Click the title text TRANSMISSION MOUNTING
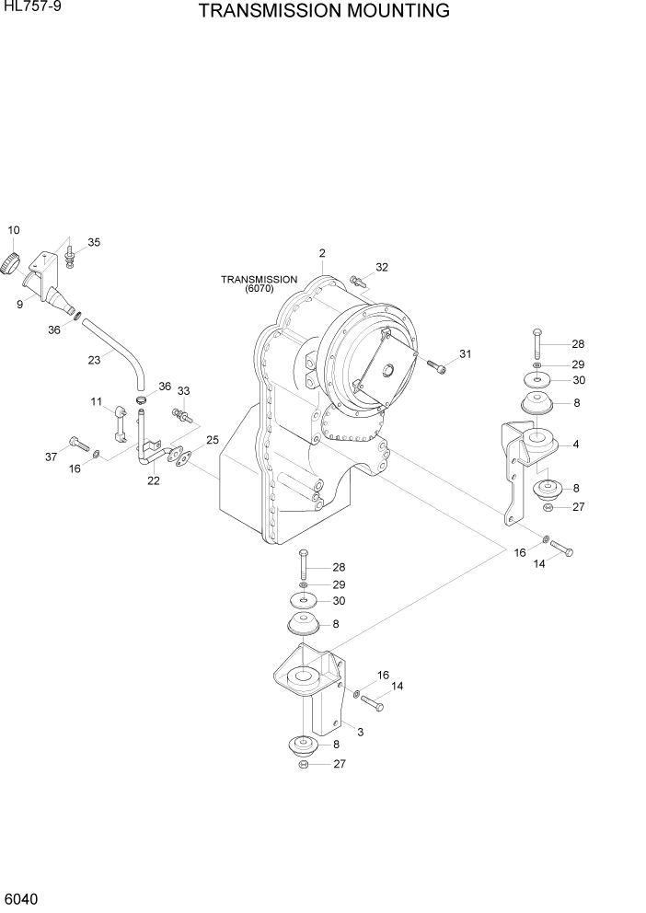pyautogui.click(x=323, y=11)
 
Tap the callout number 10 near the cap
pyautogui.click(x=14, y=229)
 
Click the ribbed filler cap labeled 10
pyautogui.click(x=10, y=263)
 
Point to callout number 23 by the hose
pyautogui.click(x=94, y=360)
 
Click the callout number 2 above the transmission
pyautogui.click(x=322, y=253)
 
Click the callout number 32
pyautogui.click(x=382, y=268)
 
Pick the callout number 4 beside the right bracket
pyautogui.click(x=575, y=445)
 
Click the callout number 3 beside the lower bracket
pyautogui.click(x=360, y=732)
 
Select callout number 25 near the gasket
pyautogui.click(x=212, y=440)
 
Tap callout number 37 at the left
pyautogui.click(x=52, y=456)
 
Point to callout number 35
pyautogui.click(x=94, y=242)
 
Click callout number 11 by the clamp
pyautogui.click(x=96, y=401)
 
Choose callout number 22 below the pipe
pyautogui.click(x=154, y=480)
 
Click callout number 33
pyautogui.click(x=183, y=391)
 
